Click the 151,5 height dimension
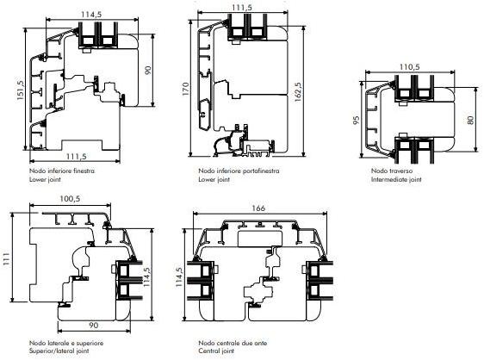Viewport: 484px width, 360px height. tap(21, 90)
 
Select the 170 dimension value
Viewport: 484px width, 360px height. tap(186, 89)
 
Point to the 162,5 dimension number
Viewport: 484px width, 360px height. tap(298, 92)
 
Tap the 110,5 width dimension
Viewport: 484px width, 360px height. tap(410, 67)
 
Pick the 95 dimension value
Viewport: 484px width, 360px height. tap(357, 120)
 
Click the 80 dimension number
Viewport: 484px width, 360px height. tap(470, 120)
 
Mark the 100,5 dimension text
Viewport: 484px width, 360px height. tap(70, 199)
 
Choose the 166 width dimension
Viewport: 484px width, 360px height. tap(258, 208)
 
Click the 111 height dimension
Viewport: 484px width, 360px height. tap(7, 259)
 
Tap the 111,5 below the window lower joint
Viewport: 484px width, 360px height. tap(77, 157)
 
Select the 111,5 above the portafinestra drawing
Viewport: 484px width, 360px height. tap(242, 8)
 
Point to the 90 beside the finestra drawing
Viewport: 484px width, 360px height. tap(148, 70)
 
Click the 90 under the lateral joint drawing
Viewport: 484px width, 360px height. tap(94, 326)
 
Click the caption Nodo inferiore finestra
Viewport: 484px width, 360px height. tap(62, 171)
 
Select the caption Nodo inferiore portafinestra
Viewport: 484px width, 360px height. tap(239, 171)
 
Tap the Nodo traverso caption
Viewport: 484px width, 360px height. tap(391, 171)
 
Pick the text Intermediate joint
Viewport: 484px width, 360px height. tap(396, 179)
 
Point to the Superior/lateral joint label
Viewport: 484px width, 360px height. tap(59, 351)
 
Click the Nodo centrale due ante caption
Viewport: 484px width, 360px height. tap(233, 343)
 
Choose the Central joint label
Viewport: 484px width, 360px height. tap(216, 351)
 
